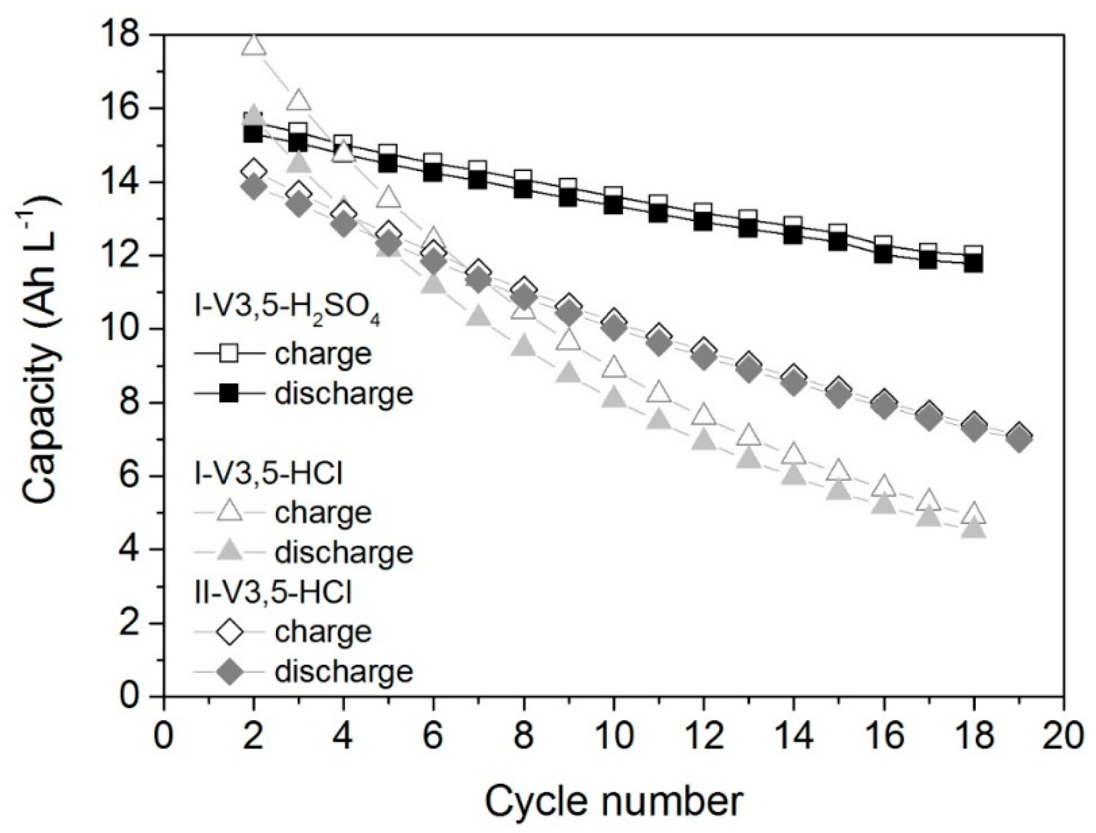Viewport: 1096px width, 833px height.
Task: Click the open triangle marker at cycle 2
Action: (x=254, y=46)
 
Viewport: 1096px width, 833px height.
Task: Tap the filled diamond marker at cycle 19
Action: (x=1019, y=439)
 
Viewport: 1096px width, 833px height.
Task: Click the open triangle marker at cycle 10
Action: (x=614, y=367)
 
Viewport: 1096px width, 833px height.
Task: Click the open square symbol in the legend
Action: (x=229, y=353)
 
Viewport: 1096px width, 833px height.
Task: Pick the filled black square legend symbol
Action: (x=229, y=393)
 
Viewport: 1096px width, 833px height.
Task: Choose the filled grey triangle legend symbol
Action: (x=229, y=551)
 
